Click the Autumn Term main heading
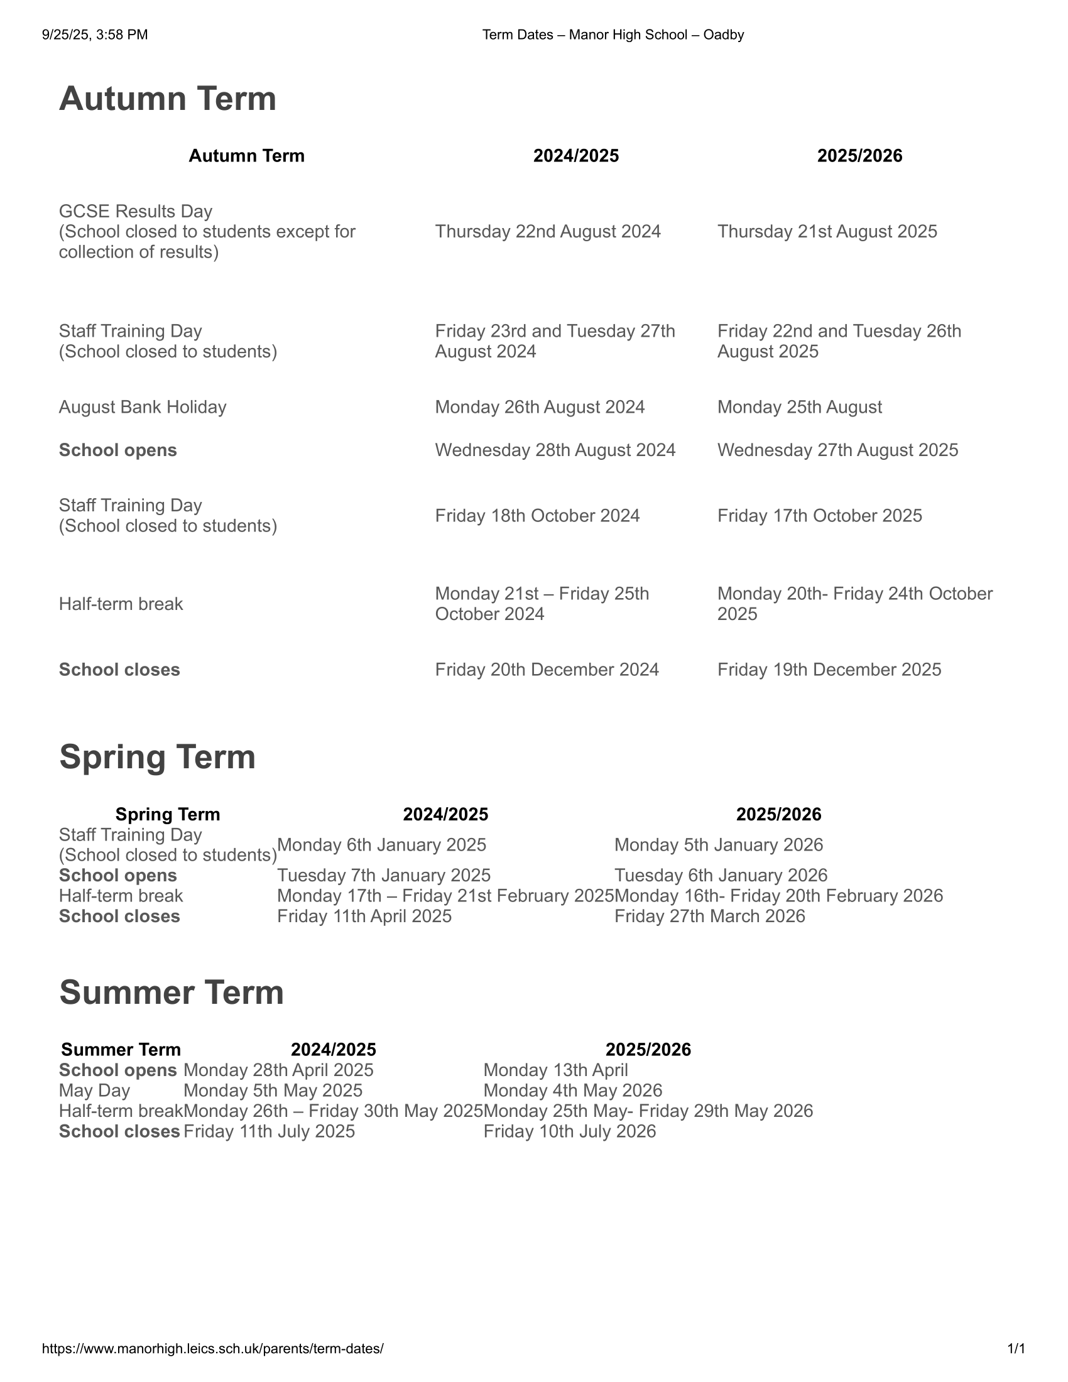tap(168, 99)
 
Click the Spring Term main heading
tap(157, 757)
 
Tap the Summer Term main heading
tap(172, 992)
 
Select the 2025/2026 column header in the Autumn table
tap(859, 156)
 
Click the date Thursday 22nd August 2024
tap(547, 232)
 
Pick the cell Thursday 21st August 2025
tap(827, 232)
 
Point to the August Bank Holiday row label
tap(143, 407)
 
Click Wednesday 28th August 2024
tap(555, 450)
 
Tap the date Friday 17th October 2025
tap(819, 516)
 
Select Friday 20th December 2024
tap(547, 670)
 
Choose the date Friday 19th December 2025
tap(829, 670)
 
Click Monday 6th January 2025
tap(381, 845)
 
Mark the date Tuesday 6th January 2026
tap(721, 875)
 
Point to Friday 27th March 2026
tap(709, 917)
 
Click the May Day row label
tap(94, 1091)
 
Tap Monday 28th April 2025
tap(278, 1070)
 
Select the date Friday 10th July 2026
tap(569, 1131)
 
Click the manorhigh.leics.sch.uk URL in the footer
tap(212, 1349)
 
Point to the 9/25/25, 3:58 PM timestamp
tap(95, 35)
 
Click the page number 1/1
tap(1016, 1349)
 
